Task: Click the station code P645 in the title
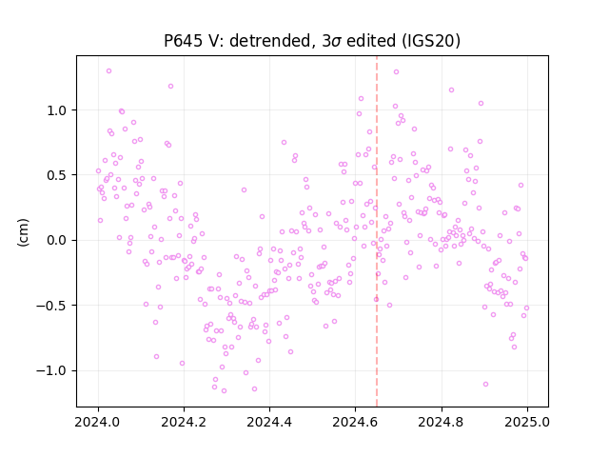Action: [183, 40]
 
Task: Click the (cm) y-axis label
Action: [23, 232]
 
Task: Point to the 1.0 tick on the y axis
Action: [57, 110]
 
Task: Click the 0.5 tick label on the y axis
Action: [57, 175]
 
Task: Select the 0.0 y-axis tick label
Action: [57, 240]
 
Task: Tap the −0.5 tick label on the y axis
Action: [51, 306]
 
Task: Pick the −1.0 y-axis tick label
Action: [51, 370]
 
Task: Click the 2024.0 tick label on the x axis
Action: [98, 422]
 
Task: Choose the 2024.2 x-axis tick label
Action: [184, 422]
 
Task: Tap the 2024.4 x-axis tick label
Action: [269, 422]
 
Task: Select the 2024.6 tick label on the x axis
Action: [355, 422]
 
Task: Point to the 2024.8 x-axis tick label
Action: [442, 422]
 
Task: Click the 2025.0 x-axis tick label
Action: [527, 422]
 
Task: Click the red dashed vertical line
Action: [377, 231]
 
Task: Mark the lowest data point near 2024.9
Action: [485, 385]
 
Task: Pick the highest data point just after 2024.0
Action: [108, 71]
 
